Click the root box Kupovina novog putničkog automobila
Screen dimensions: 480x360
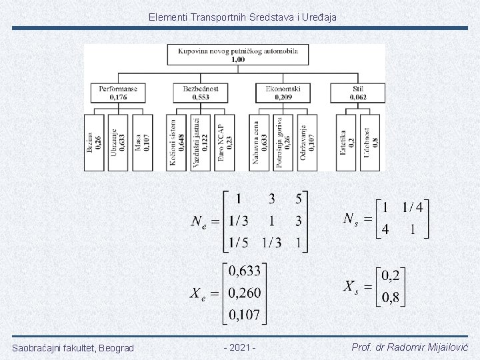[x=234, y=55]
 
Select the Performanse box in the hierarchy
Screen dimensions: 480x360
[x=118, y=92]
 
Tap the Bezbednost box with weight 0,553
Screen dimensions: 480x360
[x=200, y=92]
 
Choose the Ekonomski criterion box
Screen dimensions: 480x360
[x=283, y=92]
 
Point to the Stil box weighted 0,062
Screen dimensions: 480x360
[x=359, y=92]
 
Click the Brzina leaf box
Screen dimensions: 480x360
[x=95, y=142]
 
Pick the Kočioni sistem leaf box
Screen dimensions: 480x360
[x=177, y=142]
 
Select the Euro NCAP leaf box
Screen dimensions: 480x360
[x=225, y=142]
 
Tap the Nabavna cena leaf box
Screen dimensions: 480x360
[x=259, y=142]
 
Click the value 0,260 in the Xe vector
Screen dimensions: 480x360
[x=245, y=293]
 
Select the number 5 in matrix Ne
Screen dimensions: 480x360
[x=298, y=198]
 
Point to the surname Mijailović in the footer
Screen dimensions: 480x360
[x=444, y=348]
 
